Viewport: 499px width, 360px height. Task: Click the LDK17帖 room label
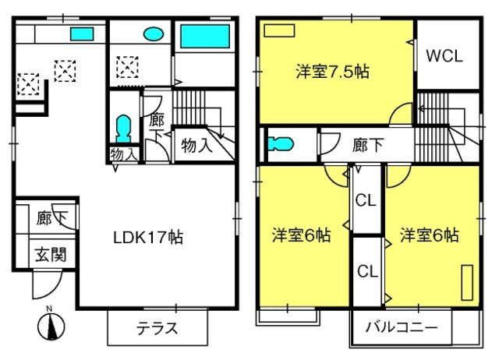click(148, 237)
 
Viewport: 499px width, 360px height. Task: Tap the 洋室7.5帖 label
click(333, 72)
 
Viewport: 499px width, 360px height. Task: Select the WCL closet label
click(444, 56)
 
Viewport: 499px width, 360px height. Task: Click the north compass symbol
click(51, 326)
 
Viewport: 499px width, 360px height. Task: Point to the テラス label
click(157, 328)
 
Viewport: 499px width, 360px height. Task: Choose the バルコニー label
click(402, 327)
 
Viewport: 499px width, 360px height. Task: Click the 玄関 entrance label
click(51, 255)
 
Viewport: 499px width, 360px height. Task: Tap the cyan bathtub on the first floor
click(205, 37)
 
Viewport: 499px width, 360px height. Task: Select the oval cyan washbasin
click(154, 34)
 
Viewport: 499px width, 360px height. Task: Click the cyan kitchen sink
click(82, 34)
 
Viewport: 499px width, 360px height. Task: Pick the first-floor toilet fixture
click(123, 129)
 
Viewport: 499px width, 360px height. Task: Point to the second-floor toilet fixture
click(280, 143)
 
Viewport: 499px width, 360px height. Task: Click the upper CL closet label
click(366, 201)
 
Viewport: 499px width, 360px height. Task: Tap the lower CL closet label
click(367, 271)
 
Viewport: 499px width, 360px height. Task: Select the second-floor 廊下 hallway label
click(367, 145)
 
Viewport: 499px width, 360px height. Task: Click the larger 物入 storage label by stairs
click(196, 146)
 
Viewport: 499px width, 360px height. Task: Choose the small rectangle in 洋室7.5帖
click(279, 31)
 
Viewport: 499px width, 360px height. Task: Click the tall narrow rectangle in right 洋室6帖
click(467, 282)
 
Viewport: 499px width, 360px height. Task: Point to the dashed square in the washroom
click(127, 67)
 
